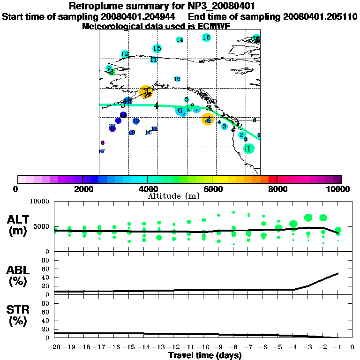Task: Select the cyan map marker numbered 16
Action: tap(206, 37)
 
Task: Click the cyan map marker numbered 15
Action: tap(157, 48)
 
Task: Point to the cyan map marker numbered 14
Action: tap(180, 40)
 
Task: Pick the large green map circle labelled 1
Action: tap(248, 149)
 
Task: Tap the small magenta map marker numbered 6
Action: tap(103, 142)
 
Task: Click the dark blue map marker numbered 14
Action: tap(123, 115)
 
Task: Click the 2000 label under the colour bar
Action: tap(82, 189)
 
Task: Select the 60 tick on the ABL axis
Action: tap(46, 269)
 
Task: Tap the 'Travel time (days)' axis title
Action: tap(205, 355)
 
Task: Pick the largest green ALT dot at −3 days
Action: tap(308, 217)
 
